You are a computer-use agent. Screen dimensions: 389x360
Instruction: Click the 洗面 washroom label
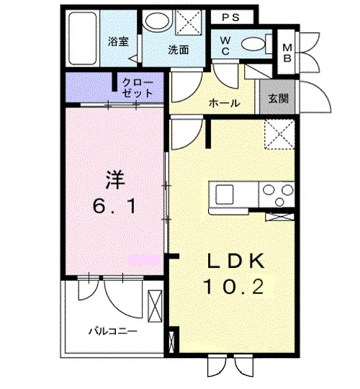pos(178,51)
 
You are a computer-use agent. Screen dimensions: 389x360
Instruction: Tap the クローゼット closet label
pos(138,88)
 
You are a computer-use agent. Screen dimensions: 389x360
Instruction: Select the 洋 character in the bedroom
pos(109,176)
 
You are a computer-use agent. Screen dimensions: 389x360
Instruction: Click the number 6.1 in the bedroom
pos(115,207)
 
